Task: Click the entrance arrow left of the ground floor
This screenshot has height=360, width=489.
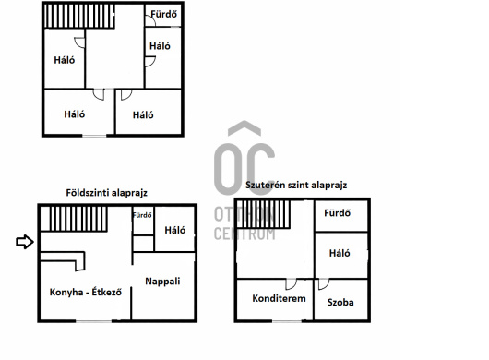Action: click(25, 242)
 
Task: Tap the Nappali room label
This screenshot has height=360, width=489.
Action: click(162, 282)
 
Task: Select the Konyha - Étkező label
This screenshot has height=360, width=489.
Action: click(86, 293)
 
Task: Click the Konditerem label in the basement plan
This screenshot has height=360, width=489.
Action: click(280, 298)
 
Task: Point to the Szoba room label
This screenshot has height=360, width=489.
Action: click(340, 302)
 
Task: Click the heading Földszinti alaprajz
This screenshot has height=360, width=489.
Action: click(107, 193)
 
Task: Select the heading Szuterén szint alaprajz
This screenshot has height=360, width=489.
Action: click(296, 185)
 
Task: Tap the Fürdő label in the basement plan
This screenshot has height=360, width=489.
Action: click(337, 213)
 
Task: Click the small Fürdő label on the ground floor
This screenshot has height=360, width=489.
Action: click(142, 215)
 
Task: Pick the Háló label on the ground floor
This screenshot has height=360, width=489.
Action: click(175, 230)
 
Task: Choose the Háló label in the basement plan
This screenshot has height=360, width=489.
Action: click(340, 253)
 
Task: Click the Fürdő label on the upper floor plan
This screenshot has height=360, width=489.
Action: click(163, 14)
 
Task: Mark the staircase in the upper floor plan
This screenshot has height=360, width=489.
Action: click(79, 16)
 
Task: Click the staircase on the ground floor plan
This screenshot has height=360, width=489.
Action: click(74, 219)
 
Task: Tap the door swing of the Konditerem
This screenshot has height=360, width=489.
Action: click(291, 284)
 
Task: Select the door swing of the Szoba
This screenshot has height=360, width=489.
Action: click(324, 284)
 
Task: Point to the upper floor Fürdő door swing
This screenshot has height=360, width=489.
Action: click(151, 20)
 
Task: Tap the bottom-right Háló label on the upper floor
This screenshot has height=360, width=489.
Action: click(143, 115)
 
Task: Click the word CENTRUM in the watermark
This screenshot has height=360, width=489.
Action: click(244, 234)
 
